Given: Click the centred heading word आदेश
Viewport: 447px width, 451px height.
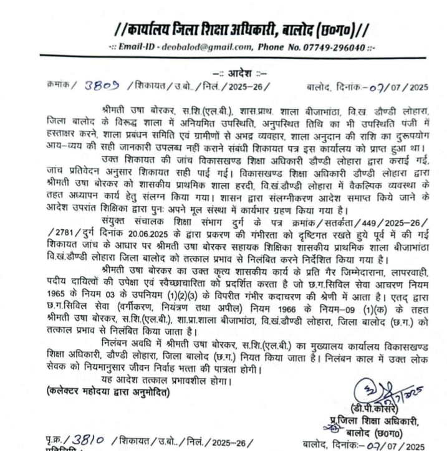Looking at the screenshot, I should (239, 73).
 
